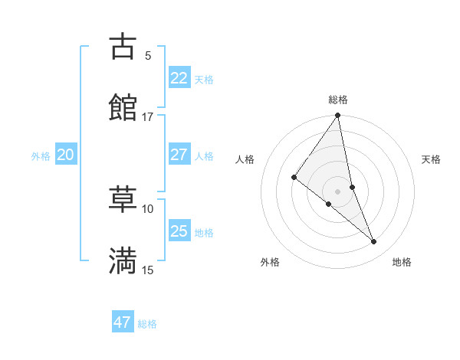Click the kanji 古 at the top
pos(123,47)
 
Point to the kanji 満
pos(123,260)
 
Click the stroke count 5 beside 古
pos(148,55)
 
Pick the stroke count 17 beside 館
pos(147,116)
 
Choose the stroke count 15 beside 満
pos(147,270)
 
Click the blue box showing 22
pos(179,78)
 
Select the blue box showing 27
pos(179,155)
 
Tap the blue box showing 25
pos(179,231)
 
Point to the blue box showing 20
pos(65,155)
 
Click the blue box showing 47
pos(122,322)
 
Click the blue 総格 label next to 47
pos(147,324)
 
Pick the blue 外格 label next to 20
pos(41,156)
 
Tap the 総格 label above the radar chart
pos(338,100)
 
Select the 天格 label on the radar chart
pos(432,159)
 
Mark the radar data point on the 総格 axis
pos(338,116)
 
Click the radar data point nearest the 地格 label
pos(374,242)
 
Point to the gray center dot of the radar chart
pos(338,191)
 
